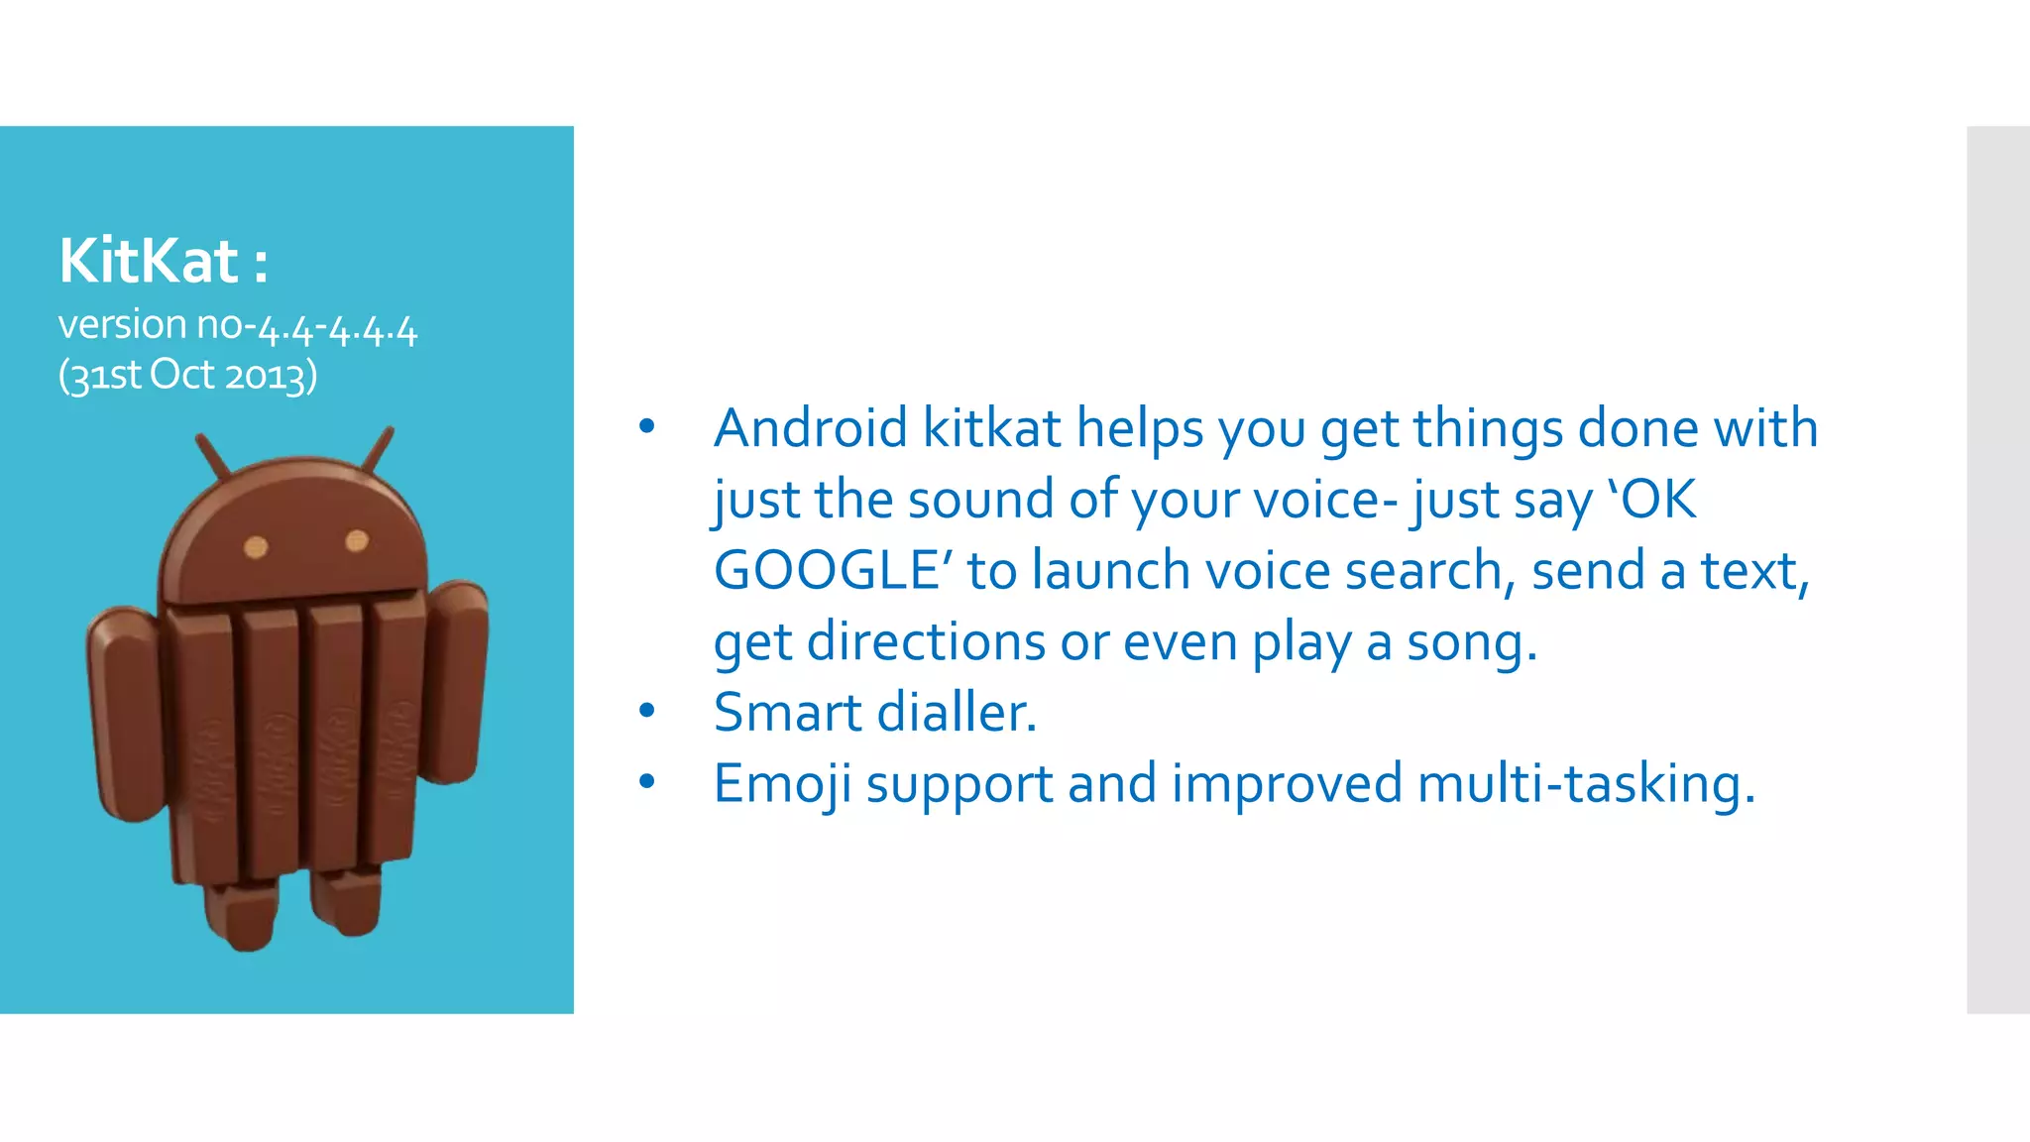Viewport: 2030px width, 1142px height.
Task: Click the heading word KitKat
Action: pos(149,261)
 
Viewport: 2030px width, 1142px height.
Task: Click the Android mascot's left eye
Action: pos(256,546)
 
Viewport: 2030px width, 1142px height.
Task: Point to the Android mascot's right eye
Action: pos(357,540)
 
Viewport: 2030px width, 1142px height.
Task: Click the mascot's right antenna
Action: pos(378,450)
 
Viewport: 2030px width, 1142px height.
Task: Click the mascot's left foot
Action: pos(239,916)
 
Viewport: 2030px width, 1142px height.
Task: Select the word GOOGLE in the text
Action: pos(826,571)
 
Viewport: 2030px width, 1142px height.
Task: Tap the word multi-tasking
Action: pos(1586,784)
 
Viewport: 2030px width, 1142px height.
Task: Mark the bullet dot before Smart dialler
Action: pos(647,710)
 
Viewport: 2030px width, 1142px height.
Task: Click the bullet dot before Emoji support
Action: pos(647,782)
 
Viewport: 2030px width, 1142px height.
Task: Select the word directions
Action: pos(926,642)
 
